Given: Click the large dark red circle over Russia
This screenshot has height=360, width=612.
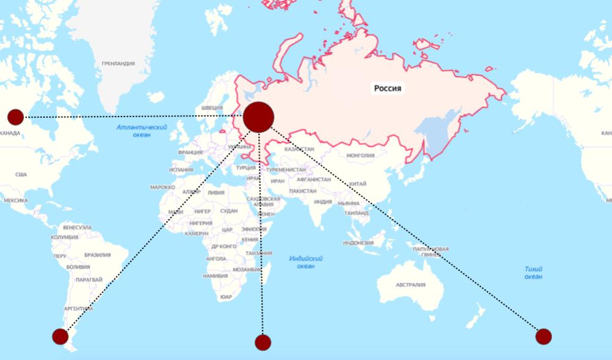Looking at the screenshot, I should tap(259, 117).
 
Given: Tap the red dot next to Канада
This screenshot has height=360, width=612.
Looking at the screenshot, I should tap(15, 117).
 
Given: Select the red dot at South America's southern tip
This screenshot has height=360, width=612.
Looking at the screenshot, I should tap(60, 336).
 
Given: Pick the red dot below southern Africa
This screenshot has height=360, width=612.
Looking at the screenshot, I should tap(263, 342).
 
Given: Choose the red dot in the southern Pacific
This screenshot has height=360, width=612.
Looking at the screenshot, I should tap(543, 336).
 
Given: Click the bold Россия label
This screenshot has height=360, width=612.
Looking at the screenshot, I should tap(388, 88).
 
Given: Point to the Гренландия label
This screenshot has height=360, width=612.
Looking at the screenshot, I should tap(118, 64).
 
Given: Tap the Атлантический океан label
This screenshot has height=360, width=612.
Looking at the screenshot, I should tap(142, 131).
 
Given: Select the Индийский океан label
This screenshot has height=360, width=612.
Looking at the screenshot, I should tap(306, 262).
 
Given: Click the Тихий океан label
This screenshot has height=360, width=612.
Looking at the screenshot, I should tap(533, 272).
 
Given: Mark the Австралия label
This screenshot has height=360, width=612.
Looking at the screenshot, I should tap(410, 285).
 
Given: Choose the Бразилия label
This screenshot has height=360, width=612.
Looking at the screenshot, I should tap(98, 255).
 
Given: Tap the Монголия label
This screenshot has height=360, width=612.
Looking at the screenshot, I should tap(360, 156).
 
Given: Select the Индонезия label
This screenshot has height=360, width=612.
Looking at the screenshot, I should tap(358, 243).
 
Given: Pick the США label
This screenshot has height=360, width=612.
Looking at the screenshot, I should tap(21, 175).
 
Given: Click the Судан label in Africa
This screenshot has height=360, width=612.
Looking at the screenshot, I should tap(229, 211).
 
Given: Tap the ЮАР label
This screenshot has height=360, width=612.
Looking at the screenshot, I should tap(226, 297).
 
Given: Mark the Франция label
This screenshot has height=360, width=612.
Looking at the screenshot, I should tap(190, 153).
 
